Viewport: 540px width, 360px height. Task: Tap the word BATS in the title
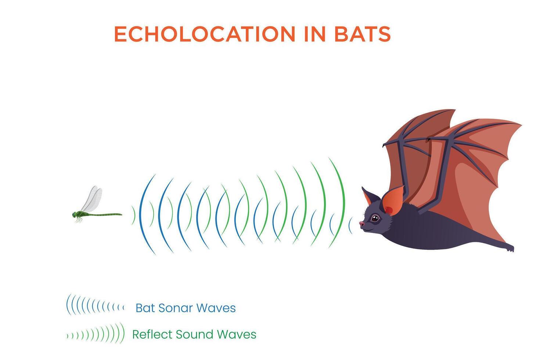[x=362, y=34]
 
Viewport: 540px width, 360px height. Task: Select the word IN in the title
[x=315, y=34]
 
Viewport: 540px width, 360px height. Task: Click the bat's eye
[x=374, y=219]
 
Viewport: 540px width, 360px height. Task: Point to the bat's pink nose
[x=362, y=224]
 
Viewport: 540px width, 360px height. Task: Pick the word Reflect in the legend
[x=152, y=334]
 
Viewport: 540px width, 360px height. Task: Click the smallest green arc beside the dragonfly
[x=134, y=215]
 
